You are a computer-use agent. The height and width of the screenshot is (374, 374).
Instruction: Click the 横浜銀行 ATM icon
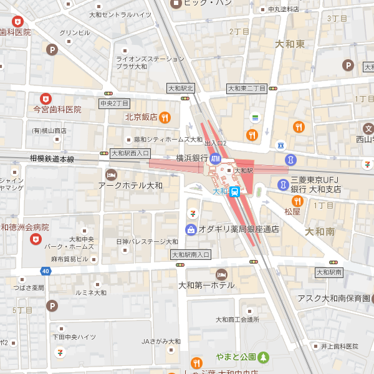(216, 158)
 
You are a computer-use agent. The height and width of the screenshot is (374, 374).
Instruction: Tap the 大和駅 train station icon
(235, 191)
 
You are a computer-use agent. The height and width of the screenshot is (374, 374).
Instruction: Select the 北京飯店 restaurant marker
(165, 117)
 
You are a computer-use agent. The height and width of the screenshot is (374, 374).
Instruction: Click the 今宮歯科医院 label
(57, 109)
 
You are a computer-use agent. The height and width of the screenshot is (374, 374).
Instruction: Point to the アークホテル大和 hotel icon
(112, 174)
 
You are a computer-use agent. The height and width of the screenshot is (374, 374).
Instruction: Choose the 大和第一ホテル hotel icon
(221, 274)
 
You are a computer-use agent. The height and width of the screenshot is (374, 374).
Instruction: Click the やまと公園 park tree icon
(264, 357)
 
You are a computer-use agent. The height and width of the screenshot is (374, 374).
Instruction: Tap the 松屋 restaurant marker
(297, 201)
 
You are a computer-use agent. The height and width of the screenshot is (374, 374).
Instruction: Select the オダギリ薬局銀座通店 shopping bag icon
(191, 229)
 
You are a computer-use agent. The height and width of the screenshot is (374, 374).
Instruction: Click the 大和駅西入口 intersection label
(130, 153)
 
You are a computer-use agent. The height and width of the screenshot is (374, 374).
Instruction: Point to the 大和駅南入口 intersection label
(191, 254)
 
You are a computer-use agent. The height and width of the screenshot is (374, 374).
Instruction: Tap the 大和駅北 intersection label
(181, 88)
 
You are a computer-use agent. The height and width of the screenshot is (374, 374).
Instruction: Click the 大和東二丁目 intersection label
(246, 89)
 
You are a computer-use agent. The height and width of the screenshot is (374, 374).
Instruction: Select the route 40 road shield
(46, 271)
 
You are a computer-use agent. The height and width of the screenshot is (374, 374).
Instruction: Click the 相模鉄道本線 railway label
(52, 159)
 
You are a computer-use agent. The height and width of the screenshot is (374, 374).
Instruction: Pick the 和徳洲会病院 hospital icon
(36, 239)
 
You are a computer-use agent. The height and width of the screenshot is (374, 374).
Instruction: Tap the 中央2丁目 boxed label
(114, 103)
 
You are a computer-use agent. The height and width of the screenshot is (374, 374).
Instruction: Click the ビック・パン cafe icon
(176, 3)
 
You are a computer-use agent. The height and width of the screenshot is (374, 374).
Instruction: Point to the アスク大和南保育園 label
(333, 299)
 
